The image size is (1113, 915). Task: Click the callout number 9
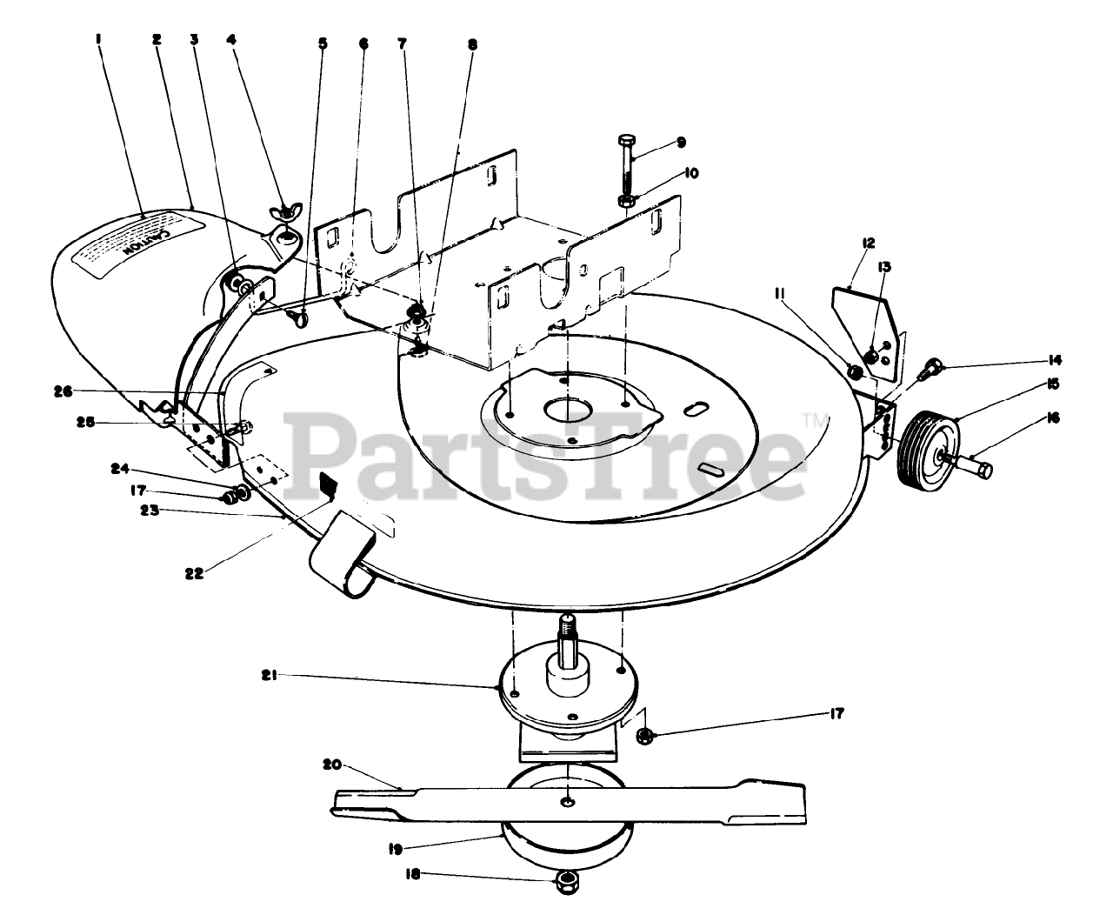(x=682, y=142)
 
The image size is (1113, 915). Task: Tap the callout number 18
(x=413, y=875)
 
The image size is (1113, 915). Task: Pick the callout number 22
(x=196, y=573)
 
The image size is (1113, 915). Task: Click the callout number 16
(x=1054, y=418)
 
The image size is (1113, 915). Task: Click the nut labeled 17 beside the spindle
(x=645, y=736)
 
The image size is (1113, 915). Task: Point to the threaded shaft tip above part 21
(x=568, y=625)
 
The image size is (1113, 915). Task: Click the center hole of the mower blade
(x=568, y=800)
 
